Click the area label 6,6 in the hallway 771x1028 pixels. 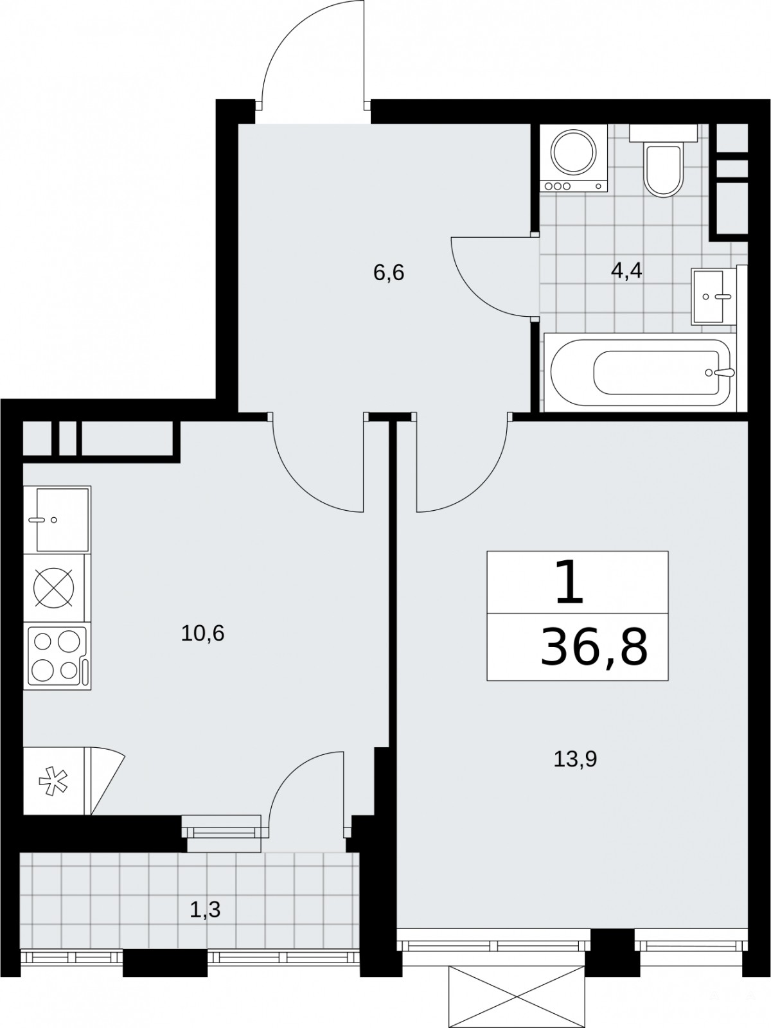tap(389, 272)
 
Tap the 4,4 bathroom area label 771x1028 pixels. tap(626, 270)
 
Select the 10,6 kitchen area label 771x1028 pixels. tap(202, 634)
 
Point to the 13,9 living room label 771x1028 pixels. tap(575, 759)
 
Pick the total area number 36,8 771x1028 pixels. tap(594, 647)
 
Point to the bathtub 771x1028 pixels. tap(640, 372)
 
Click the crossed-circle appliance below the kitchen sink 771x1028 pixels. tap(53, 588)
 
